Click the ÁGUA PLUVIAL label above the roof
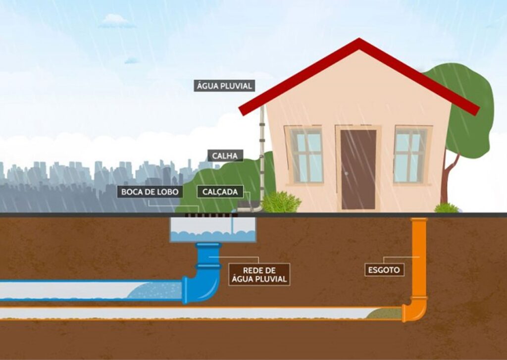(x=224, y=86)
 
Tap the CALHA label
(x=225, y=155)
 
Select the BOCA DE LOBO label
(x=150, y=192)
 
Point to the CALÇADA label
(x=220, y=192)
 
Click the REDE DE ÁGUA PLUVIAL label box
(x=259, y=274)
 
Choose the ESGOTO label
(x=384, y=270)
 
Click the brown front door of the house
(x=358, y=169)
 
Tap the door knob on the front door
(x=346, y=173)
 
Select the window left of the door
(x=306, y=155)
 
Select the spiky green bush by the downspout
(x=281, y=202)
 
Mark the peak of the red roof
(x=359, y=39)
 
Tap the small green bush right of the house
(x=447, y=208)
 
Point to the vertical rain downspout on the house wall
(x=262, y=155)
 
